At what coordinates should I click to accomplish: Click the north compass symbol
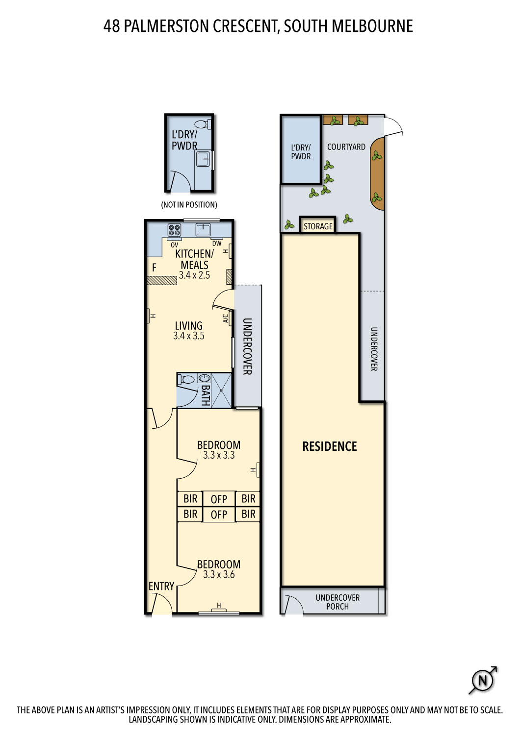(483, 680)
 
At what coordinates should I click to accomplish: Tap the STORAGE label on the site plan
(318, 226)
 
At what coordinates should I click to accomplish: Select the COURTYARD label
(346, 147)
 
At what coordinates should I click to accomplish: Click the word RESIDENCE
(330, 446)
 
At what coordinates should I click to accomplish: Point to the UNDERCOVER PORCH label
(338, 602)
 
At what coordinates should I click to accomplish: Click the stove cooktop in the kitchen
(174, 230)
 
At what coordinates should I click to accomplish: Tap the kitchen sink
(203, 229)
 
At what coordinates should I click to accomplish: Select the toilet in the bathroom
(186, 379)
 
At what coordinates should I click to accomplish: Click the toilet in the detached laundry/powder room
(203, 124)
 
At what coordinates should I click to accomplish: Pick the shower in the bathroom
(221, 390)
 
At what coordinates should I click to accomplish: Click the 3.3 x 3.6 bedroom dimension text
(219, 574)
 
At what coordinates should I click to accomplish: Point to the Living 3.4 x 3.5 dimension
(188, 336)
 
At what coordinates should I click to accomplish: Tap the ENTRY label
(161, 586)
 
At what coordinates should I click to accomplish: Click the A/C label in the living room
(225, 318)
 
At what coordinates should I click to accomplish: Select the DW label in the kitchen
(217, 244)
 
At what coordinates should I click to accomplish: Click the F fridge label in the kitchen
(154, 268)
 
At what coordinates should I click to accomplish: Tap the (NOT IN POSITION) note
(189, 205)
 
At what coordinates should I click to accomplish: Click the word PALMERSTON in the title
(166, 26)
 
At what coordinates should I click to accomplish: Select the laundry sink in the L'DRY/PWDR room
(204, 160)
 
